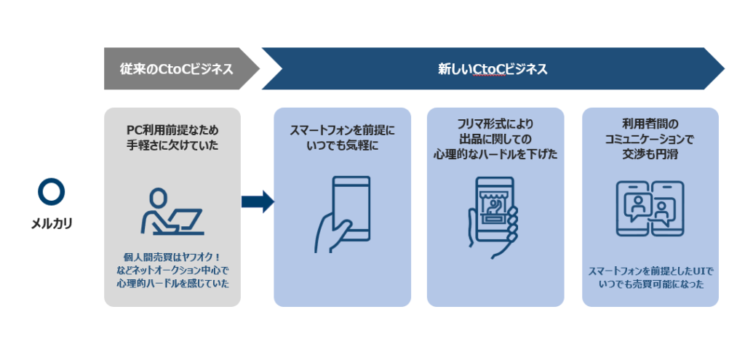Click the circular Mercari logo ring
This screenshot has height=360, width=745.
(51, 191)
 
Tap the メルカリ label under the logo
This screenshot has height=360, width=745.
(51, 224)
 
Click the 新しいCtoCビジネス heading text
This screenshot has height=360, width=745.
(492, 70)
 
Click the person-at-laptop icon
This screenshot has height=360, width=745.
(172, 212)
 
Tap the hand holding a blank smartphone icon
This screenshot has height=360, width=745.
(343, 212)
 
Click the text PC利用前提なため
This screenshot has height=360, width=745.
(172, 129)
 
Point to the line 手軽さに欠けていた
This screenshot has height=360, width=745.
(172, 145)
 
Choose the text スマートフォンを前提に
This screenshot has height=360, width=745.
(342, 132)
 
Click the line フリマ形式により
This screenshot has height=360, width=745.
(495, 123)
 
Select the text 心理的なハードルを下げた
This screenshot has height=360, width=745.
(495, 154)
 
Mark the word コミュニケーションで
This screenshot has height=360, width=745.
(650, 138)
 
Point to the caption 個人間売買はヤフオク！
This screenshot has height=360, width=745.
(172, 257)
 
